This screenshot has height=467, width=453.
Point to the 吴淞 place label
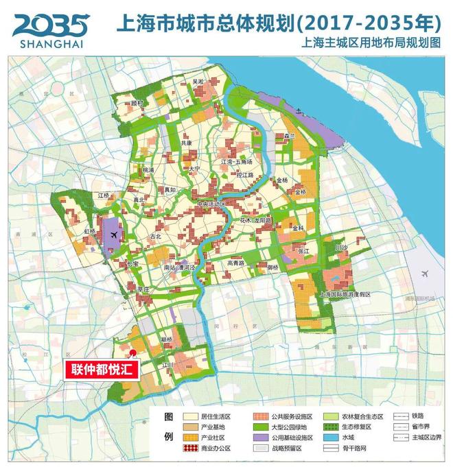(x=198, y=82)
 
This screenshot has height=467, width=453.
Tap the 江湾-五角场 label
(x=237, y=162)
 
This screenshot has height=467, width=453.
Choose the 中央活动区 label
(x=211, y=204)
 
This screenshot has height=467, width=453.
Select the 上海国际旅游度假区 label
(x=345, y=294)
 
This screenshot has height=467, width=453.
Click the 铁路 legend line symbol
(x=400, y=416)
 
